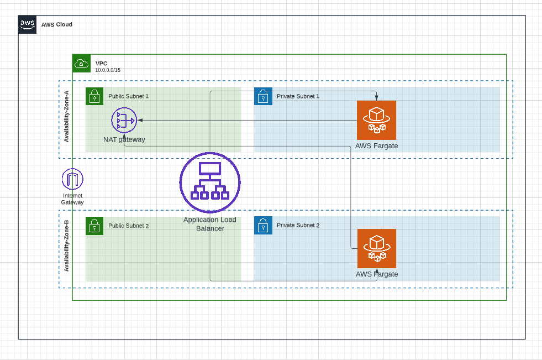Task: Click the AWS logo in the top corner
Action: click(27, 24)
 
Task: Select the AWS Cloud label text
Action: click(56, 24)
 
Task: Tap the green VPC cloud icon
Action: click(81, 63)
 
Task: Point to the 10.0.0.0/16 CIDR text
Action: click(107, 70)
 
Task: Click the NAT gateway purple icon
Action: click(123, 120)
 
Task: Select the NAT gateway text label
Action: click(124, 139)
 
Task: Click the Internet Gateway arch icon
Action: click(72, 179)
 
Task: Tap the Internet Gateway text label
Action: click(72, 199)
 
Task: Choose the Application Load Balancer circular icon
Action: click(210, 182)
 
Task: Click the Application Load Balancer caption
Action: click(210, 224)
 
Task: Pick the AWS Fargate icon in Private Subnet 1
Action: click(376, 120)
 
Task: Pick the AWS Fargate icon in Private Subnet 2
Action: click(376, 248)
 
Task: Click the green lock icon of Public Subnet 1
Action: click(94, 96)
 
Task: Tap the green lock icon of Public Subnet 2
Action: click(94, 226)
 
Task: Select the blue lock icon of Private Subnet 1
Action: click(263, 96)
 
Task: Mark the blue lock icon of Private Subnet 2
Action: click(263, 226)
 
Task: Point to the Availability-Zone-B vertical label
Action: click(66, 246)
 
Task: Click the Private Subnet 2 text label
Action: click(298, 226)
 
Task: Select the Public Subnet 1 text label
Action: click(128, 96)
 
